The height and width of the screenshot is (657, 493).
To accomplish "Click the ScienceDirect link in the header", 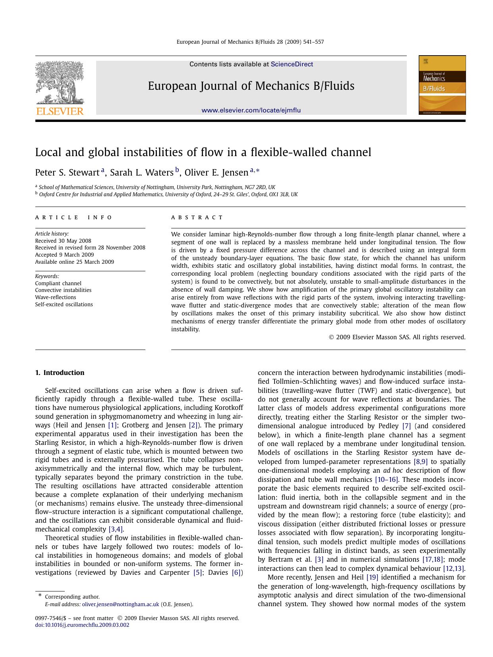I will pos(292,64).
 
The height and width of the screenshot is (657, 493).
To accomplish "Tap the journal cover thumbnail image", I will pos(442,85).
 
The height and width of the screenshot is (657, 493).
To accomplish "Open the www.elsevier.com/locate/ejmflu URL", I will pos(251,110).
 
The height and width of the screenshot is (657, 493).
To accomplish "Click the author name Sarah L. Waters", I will pos(141,172).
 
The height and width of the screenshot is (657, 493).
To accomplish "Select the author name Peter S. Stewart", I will pos(67,172).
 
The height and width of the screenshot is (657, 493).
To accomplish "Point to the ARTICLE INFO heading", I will pos(74,217).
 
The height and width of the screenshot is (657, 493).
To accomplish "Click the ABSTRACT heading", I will pos(197,217).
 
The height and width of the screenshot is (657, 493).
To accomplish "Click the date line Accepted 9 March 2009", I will pos(64,255).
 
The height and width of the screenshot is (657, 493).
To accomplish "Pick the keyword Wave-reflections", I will pos(56,297).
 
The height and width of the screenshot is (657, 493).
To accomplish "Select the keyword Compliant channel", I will pos(58,283).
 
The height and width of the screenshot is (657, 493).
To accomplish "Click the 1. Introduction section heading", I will pos(60,373).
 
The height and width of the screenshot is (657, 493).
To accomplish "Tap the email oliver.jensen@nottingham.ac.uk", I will pos(120,605).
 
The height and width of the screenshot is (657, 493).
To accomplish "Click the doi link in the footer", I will pos(82,625).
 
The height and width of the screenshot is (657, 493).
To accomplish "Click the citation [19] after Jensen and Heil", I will pos(372,577).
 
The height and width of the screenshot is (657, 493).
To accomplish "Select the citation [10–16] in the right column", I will pos(387,480).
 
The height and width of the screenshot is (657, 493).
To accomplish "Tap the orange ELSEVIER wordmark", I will pos(60,111).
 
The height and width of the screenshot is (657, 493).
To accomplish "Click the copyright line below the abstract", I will pos(397,337).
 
